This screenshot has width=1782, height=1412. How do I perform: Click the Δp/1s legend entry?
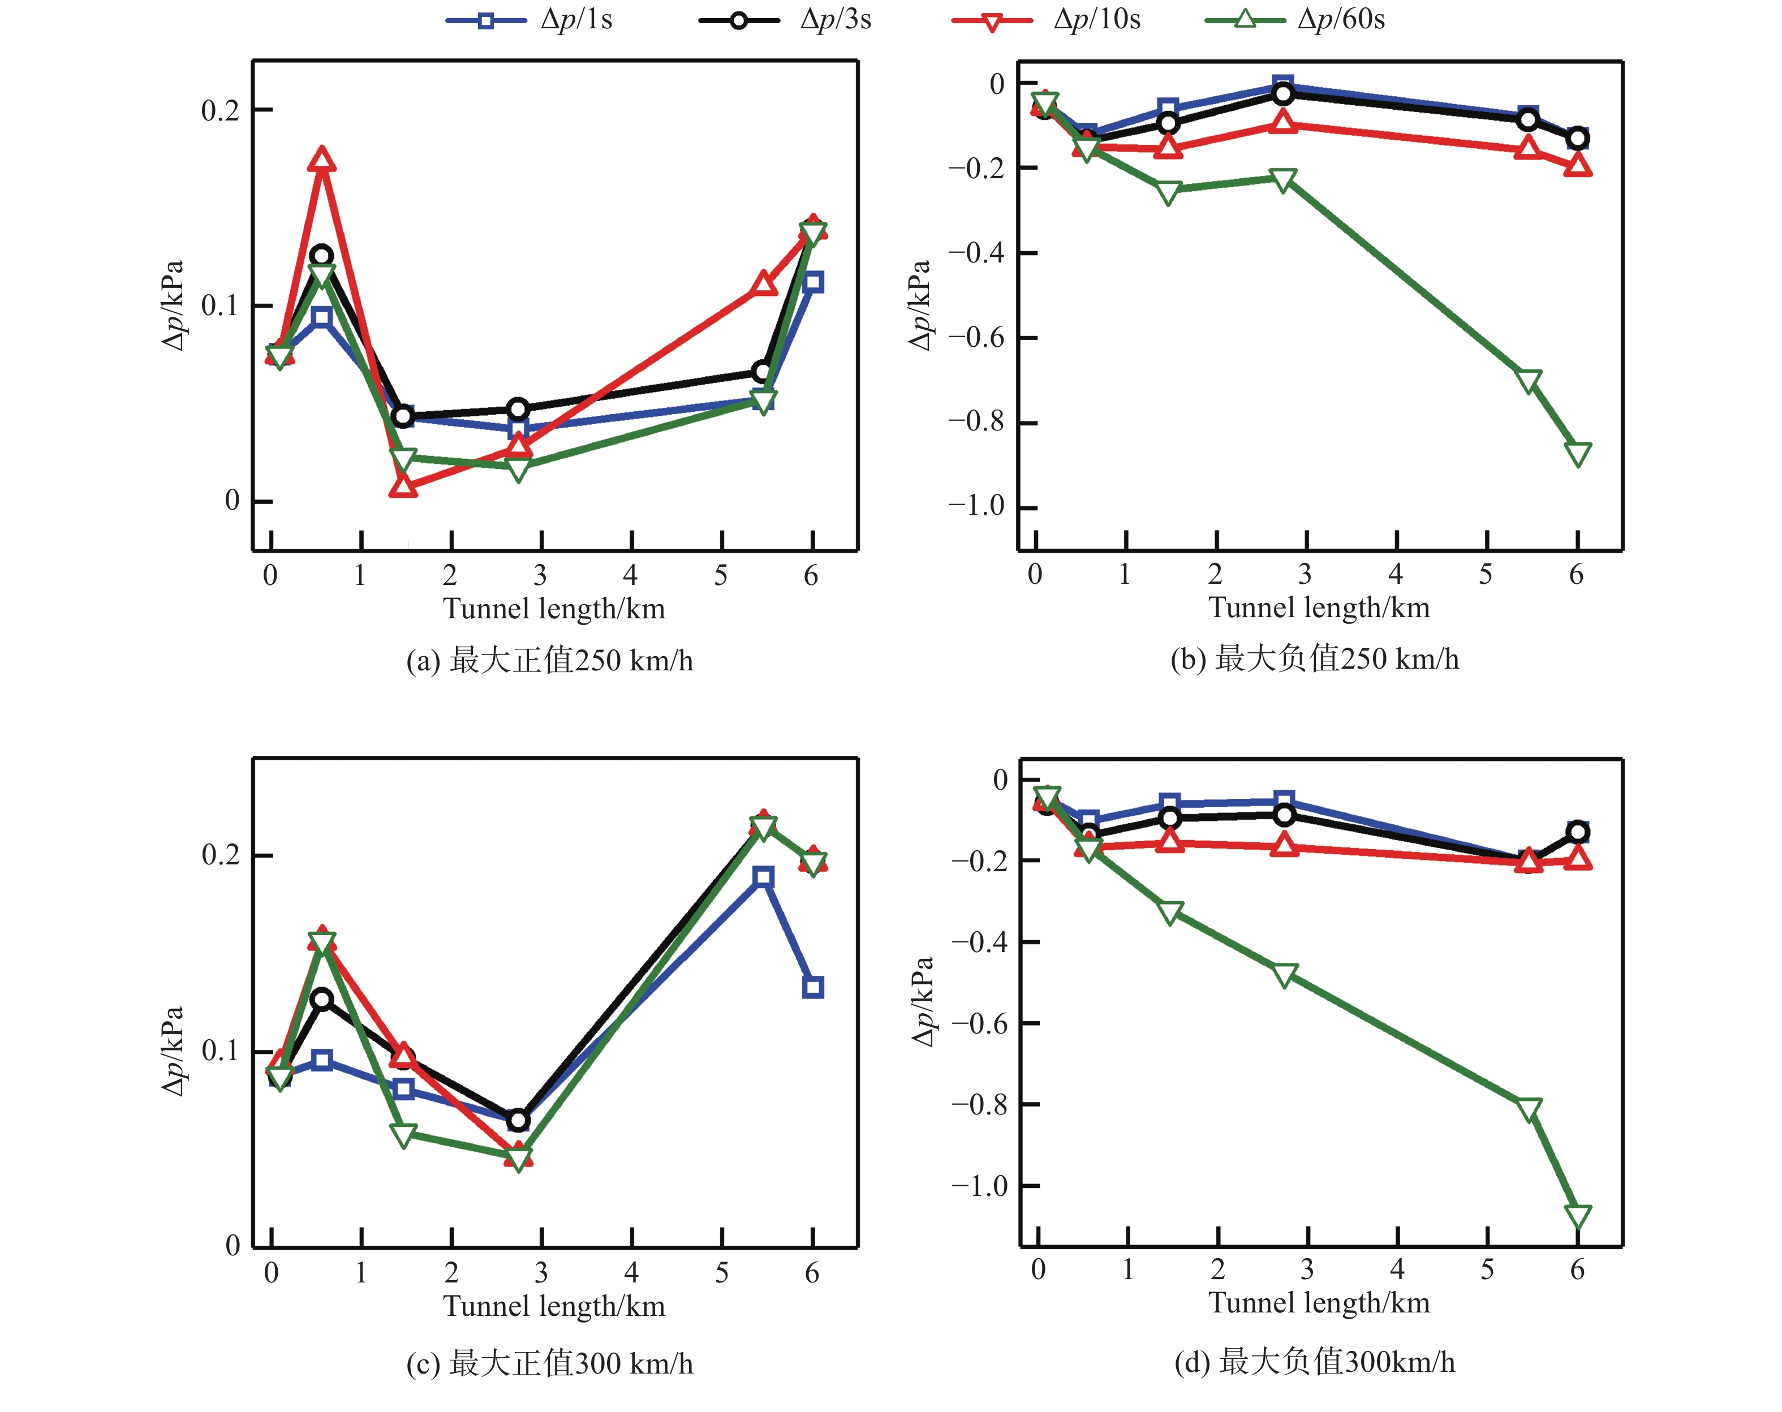(529, 20)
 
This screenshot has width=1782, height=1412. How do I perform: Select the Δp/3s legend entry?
(785, 20)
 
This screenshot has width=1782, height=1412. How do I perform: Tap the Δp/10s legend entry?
(1045, 20)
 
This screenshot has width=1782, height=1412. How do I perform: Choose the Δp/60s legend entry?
(1294, 20)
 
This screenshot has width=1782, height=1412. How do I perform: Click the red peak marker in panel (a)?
(321, 160)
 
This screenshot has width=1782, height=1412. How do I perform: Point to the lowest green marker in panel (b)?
(1578, 454)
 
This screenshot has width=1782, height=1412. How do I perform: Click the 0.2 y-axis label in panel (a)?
(220, 110)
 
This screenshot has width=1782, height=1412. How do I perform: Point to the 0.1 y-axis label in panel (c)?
(220, 1051)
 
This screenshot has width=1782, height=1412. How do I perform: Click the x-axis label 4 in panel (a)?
(631, 575)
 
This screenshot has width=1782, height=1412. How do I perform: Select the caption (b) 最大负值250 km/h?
(1314, 659)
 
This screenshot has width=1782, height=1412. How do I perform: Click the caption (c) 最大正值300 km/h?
(550, 1363)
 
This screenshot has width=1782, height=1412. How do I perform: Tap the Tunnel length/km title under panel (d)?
(1319, 1303)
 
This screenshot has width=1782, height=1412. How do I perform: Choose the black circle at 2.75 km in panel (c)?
(518, 1120)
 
